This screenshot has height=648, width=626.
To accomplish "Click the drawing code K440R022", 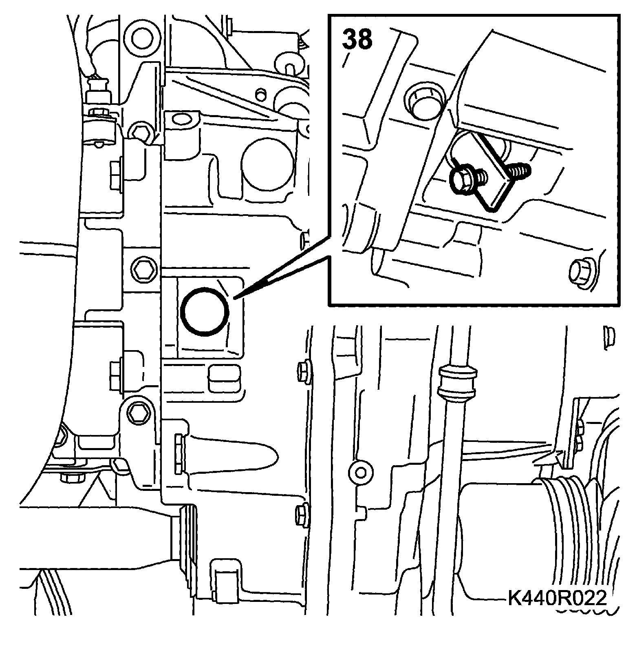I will (x=557, y=599).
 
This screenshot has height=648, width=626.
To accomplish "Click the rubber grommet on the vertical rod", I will (x=457, y=382).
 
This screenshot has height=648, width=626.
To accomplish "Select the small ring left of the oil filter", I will (x=360, y=473).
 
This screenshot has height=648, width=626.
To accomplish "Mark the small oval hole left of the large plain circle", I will (x=181, y=119).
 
